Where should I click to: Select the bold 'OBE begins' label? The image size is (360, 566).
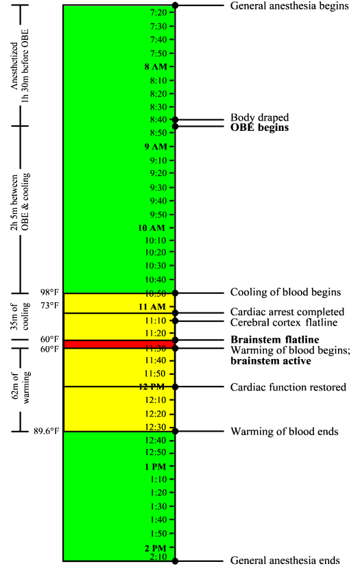coord(259,127)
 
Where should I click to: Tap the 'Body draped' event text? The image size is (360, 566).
coord(259,118)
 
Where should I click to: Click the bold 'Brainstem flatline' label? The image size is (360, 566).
coord(274,339)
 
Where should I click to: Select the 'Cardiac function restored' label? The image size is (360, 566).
coord(288,387)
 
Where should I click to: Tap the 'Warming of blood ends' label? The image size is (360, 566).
coord(284,432)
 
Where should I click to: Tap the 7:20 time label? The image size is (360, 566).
coord(158,13)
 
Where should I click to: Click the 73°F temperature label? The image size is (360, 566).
coord(50,305)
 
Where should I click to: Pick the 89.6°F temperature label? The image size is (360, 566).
coord(47,432)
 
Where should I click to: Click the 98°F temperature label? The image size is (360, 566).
coord(50,293)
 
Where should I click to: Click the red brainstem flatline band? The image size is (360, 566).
coord(117,344)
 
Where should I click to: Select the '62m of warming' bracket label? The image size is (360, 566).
coord(25,389)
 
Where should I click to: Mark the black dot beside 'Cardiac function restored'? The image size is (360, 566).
coord(176,386)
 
